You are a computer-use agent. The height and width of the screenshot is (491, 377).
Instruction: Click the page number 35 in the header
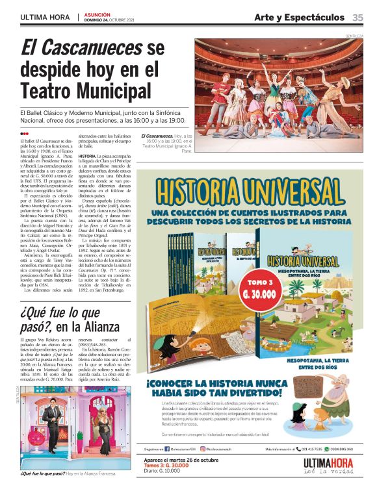click(x=357, y=17)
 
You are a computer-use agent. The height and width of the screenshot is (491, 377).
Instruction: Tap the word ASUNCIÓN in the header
click(x=97, y=14)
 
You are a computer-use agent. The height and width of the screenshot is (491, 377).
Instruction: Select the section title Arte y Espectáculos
click(x=299, y=17)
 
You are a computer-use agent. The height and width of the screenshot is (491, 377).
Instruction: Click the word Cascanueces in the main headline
click(x=81, y=47)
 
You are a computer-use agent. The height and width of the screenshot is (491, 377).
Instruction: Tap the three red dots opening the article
click(x=25, y=133)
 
